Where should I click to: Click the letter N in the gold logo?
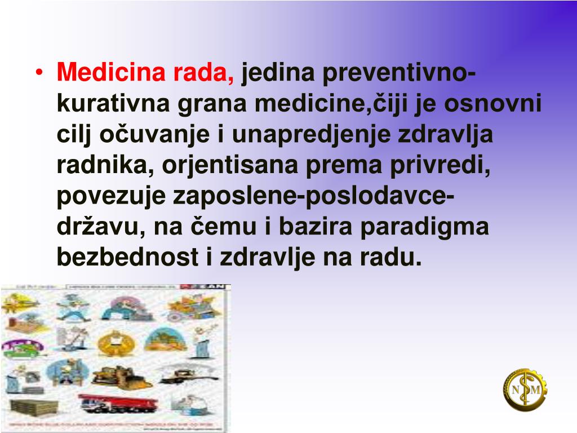[515, 390]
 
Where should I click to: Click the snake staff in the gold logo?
[526, 389]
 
